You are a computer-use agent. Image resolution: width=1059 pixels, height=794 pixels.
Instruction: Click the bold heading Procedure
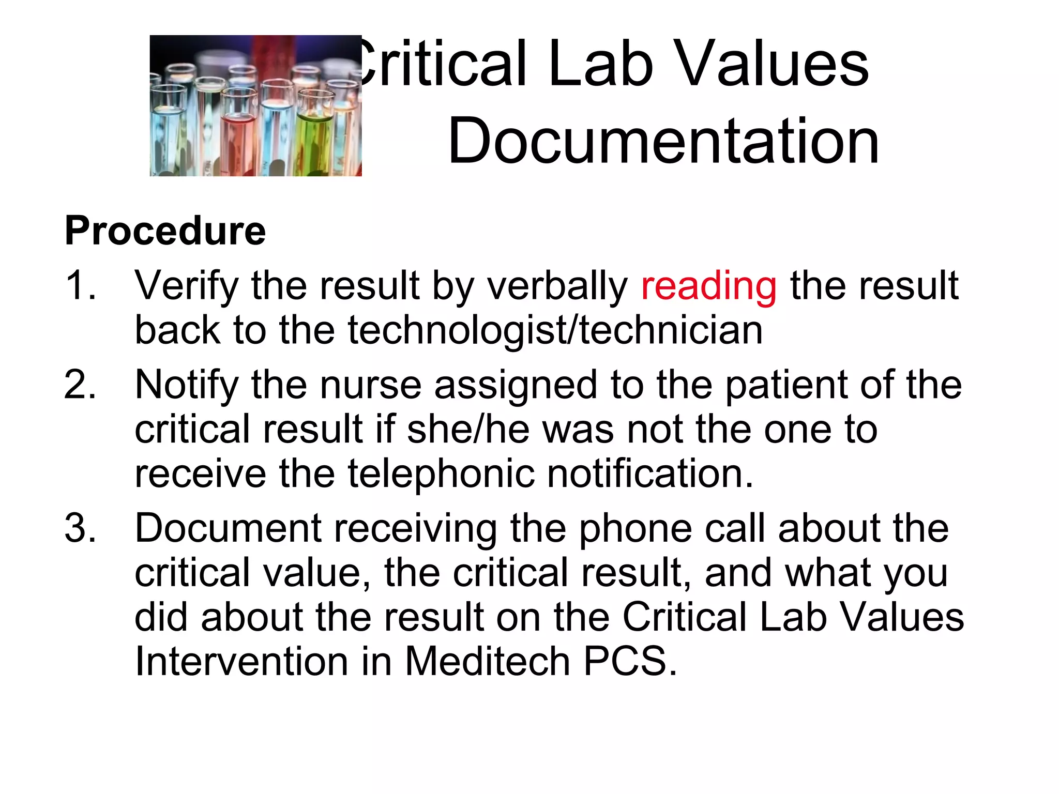tap(165, 231)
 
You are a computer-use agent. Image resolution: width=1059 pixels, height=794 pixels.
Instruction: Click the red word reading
tap(708, 286)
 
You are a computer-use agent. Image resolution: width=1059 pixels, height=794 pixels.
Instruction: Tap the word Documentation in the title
tap(663, 141)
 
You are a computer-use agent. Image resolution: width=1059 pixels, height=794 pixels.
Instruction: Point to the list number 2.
tap(80, 385)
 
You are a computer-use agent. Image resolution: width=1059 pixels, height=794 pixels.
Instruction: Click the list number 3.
tap(80, 528)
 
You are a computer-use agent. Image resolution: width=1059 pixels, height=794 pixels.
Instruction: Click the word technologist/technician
tap(555, 330)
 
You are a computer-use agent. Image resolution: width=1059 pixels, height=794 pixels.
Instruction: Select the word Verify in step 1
tap(186, 286)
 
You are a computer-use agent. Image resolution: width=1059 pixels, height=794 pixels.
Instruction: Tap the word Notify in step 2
tap(186, 386)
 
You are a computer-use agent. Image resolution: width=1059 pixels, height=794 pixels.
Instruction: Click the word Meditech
tap(487, 661)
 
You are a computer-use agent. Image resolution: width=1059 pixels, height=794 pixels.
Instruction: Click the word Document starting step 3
tap(228, 528)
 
